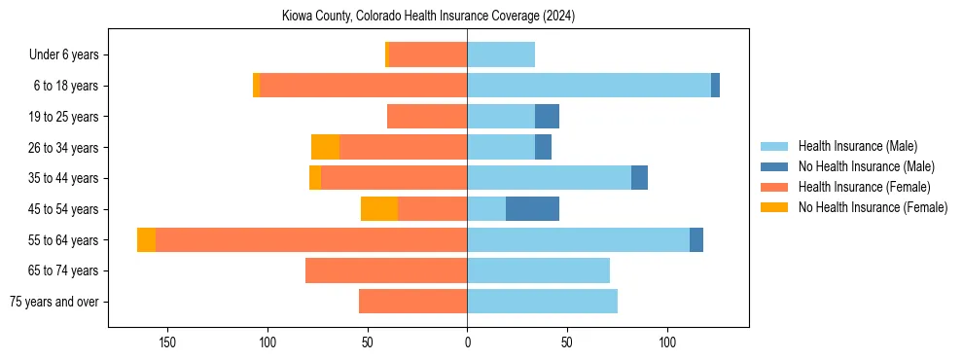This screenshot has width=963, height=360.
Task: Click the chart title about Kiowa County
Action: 428,16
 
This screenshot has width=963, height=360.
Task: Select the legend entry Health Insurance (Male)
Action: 857,146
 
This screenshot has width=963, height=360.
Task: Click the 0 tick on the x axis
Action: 467,342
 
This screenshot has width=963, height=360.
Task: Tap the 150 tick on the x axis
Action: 167,342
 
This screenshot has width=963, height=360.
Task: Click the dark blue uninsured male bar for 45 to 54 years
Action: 532,209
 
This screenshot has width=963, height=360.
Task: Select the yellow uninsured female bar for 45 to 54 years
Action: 379,209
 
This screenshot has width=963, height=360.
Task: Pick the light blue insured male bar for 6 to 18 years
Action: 588,86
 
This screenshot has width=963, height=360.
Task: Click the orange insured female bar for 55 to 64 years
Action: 311,240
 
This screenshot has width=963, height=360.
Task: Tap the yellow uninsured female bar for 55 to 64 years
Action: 146,240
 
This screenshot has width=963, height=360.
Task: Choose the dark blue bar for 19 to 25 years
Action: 547,117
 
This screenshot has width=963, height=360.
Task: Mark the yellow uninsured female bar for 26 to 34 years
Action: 325,147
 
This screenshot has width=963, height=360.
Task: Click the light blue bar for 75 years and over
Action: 542,302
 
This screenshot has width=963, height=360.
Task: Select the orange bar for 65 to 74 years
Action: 386,270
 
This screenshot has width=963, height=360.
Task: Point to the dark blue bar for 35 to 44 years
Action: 639,178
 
